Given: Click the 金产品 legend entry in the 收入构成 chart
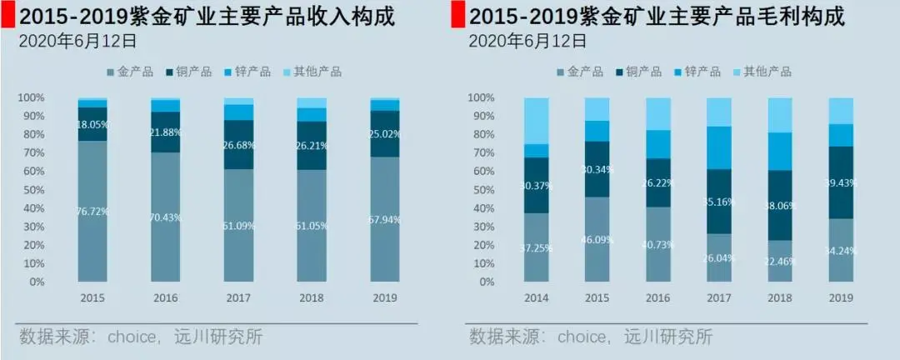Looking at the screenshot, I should coord(131,72).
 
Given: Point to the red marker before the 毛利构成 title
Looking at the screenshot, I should coord(457,16).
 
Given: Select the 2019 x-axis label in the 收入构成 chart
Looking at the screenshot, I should coord(385,297).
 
